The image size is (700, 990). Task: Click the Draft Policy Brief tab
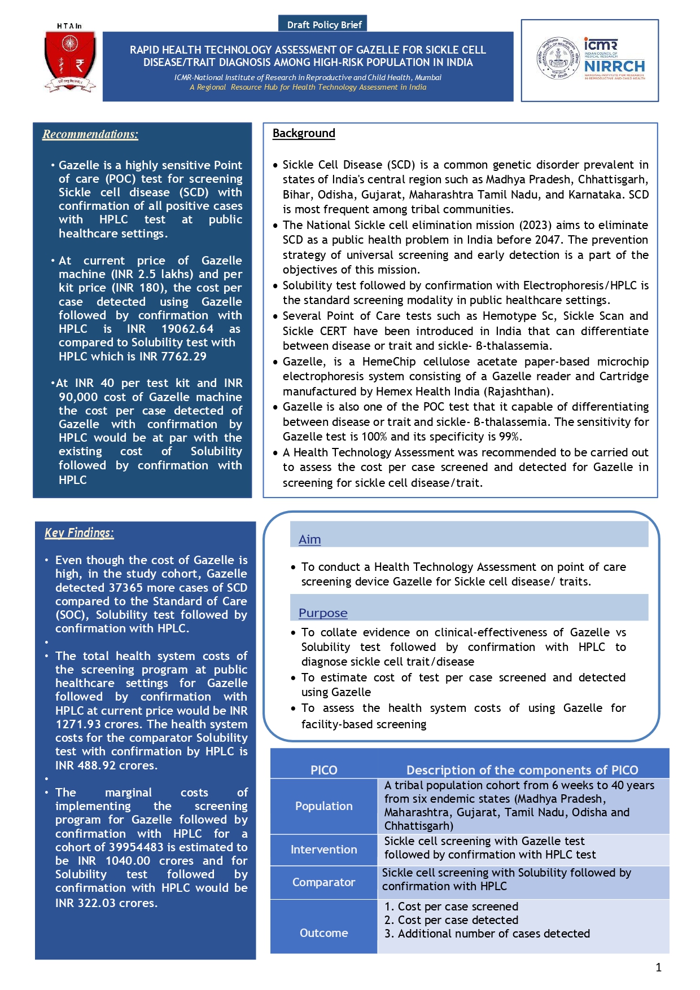[x=324, y=24]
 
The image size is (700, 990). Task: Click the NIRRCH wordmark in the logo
[x=614, y=67]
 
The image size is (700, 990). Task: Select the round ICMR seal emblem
[x=558, y=58]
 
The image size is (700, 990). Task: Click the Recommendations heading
[x=90, y=134]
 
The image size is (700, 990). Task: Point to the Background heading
[x=304, y=133]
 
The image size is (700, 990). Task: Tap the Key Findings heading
[x=79, y=533]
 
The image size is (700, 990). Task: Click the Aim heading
[x=309, y=539]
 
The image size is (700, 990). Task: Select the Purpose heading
[x=323, y=613]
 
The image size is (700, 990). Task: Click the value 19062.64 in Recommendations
[x=187, y=329]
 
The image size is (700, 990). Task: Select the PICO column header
[x=323, y=770]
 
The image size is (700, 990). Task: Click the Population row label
[x=323, y=806]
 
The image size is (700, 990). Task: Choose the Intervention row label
[x=323, y=850]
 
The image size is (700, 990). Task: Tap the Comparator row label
[x=323, y=882]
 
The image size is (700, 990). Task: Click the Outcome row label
[x=323, y=933]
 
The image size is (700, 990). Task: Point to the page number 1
[x=658, y=967]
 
